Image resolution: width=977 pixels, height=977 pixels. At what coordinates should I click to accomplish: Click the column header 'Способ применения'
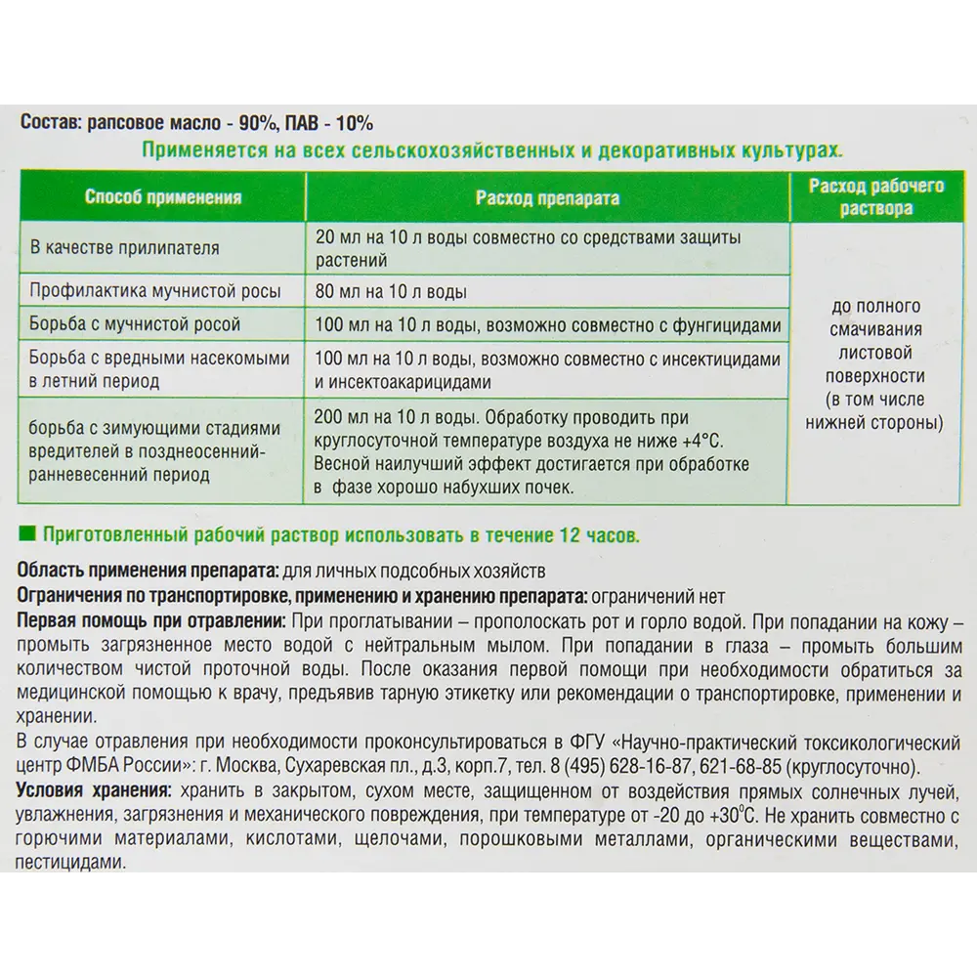click(x=163, y=197)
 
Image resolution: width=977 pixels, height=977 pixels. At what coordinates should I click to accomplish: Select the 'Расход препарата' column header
click(x=547, y=197)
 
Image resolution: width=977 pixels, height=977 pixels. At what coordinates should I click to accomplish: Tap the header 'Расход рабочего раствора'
click(x=875, y=196)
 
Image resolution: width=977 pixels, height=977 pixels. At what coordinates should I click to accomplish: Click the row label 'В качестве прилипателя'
click(x=125, y=248)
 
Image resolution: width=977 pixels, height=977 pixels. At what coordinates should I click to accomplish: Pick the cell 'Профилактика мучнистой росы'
click(x=155, y=291)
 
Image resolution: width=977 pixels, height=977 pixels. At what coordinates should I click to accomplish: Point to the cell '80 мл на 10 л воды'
click(x=391, y=291)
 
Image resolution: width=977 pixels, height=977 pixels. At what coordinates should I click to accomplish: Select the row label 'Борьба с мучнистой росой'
click(x=136, y=323)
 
